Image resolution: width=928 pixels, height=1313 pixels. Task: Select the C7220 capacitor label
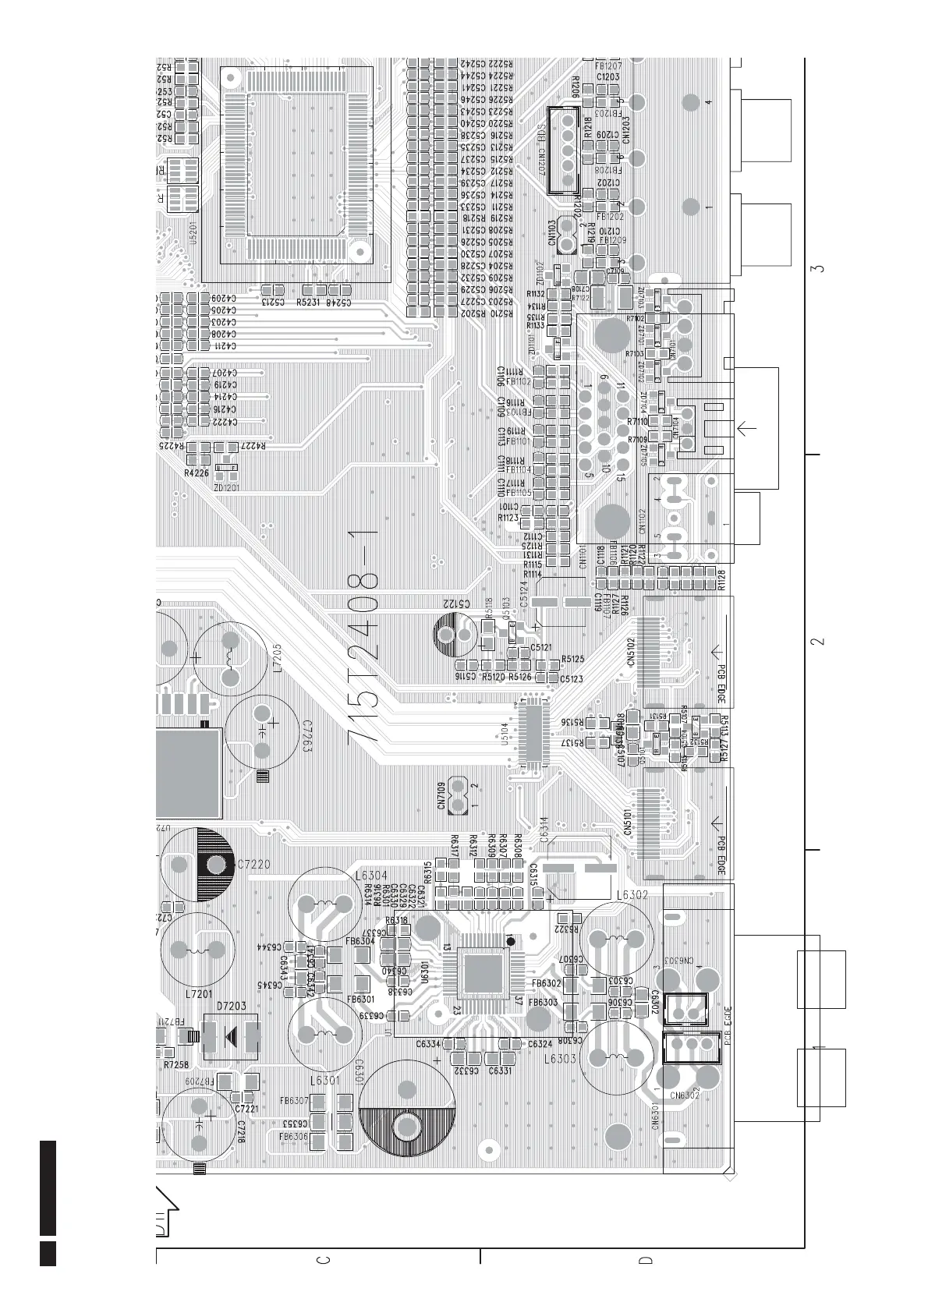point(253,864)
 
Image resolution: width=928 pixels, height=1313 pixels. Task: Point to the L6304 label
point(370,875)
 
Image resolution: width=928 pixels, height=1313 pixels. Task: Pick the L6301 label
point(325,1081)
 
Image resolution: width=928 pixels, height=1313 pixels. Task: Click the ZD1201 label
point(226,487)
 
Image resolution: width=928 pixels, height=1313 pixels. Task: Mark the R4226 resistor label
point(196,473)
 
